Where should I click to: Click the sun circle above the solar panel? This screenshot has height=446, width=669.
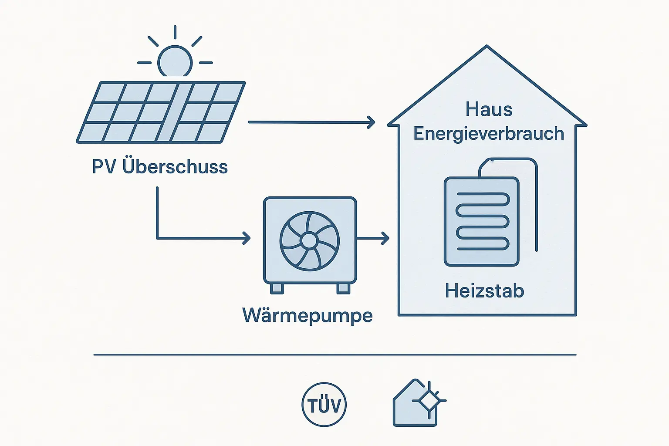point(175,62)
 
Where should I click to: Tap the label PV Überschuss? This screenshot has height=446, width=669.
point(160,167)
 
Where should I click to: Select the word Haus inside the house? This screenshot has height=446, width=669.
point(489,109)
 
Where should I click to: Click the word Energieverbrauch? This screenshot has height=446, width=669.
point(489,134)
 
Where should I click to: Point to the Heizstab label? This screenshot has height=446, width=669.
point(484,291)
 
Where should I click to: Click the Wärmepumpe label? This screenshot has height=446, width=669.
point(307,315)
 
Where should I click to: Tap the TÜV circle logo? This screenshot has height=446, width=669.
point(324,405)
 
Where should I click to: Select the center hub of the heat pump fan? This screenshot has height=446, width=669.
point(309,241)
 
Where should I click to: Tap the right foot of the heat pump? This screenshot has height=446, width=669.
point(343,288)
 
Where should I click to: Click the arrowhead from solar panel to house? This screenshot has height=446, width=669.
point(372,122)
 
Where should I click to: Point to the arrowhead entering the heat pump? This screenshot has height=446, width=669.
point(247,238)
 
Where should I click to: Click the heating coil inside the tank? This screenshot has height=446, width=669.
point(482,221)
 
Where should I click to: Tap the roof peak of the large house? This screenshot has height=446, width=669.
point(487,47)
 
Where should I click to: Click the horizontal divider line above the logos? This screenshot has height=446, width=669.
point(334,355)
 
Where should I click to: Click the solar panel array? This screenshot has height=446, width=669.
point(161,112)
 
